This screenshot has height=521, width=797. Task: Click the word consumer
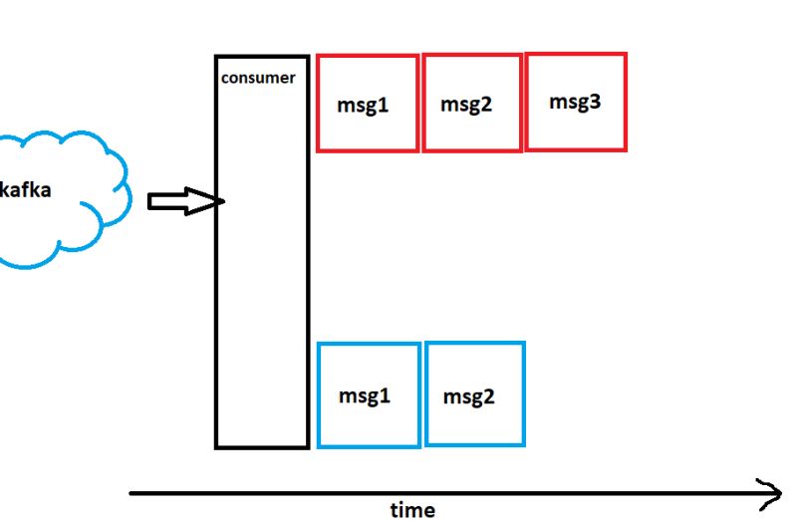point(258,78)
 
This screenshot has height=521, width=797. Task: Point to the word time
point(411,510)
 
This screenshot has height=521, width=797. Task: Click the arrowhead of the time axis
point(772,491)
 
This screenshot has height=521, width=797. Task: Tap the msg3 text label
point(575,101)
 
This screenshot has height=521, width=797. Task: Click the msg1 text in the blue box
point(364,395)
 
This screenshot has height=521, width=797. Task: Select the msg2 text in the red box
point(467,105)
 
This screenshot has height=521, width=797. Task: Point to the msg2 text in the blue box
point(469,396)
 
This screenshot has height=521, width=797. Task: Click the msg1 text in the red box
point(363,105)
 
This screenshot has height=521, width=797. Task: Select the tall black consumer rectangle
point(262,299)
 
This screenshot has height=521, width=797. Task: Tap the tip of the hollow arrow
point(224,202)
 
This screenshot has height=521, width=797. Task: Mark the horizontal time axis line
point(448,492)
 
